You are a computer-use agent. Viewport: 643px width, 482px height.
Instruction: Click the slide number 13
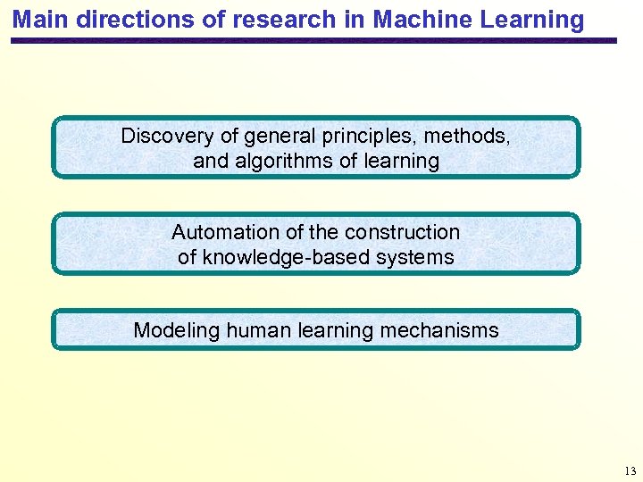(x=630, y=470)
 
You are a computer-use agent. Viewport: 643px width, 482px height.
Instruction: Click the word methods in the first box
(x=466, y=137)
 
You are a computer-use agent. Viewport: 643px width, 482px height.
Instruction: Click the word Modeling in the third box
(x=176, y=330)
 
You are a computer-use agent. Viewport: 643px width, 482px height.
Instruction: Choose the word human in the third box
(x=255, y=330)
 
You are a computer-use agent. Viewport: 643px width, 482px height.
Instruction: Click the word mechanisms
(x=439, y=330)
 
